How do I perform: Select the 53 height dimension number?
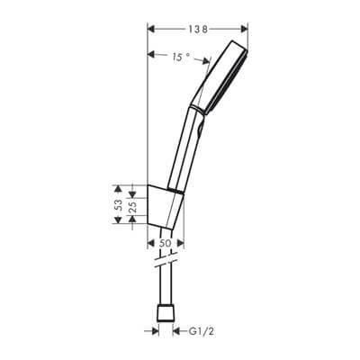117,206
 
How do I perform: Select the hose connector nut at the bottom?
165,316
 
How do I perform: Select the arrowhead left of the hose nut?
149,331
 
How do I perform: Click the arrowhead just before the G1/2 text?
177,331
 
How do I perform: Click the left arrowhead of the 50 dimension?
149,237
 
